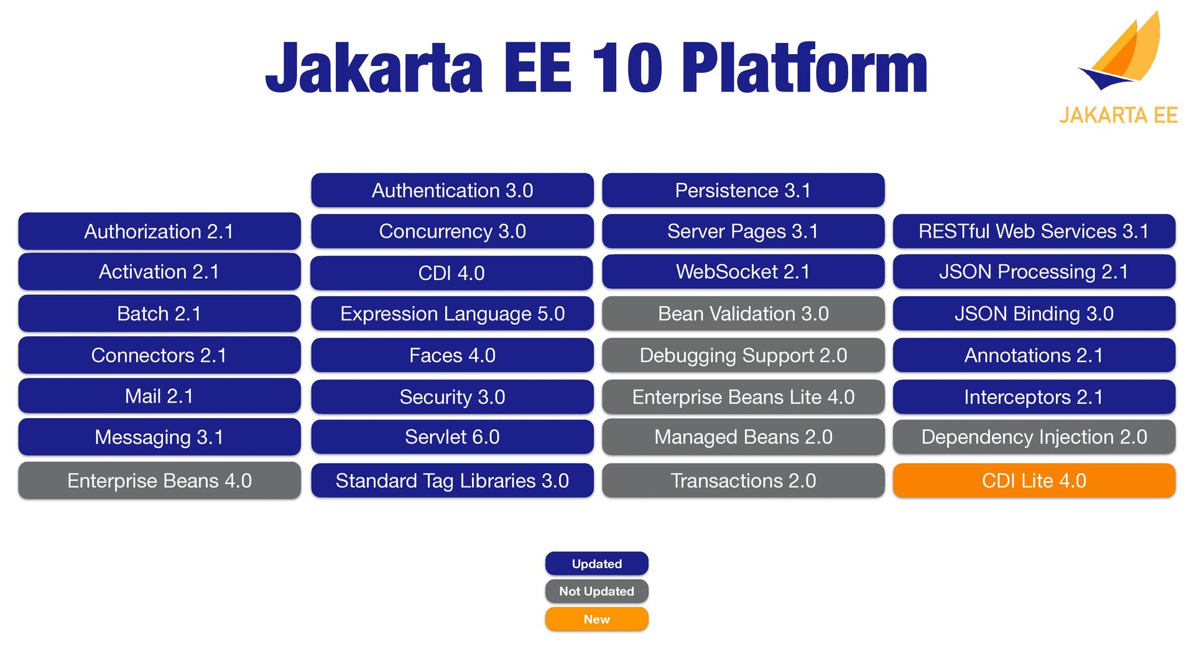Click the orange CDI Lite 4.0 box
(x=1034, y=480)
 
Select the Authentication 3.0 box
(x=452, y=190)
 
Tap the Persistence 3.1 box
(x=743, y=190)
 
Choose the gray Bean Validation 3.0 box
(x=743, y=314)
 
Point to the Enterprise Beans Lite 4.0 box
(x=743, y=397)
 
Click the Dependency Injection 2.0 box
(x=1034, y=437)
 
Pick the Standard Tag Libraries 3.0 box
(x=452, y=480)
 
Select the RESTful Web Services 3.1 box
(x=1034, y=231)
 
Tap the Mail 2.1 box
(x=159, y=396)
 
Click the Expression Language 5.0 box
(x=452, y=314)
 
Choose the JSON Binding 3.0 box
(x=1034, y=314)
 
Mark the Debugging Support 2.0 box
(x=743, y=355)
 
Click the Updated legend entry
(x=597, y=564)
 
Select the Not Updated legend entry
(x=597, y=591)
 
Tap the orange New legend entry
(x=597, y=619)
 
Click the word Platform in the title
(x=804, y=68)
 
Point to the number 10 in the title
(x=627, y=68)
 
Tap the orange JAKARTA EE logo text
(x=1118, y=115)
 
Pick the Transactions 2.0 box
(x=743, y=480)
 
